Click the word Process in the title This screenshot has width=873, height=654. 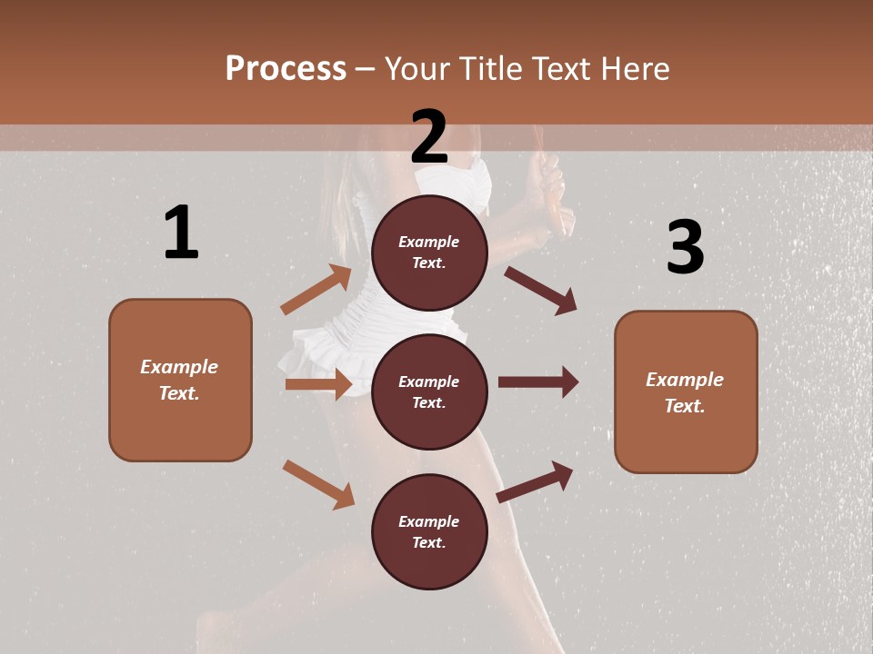point(286,69)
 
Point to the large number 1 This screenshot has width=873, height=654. point(181,233)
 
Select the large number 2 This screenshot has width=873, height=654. point(429,136)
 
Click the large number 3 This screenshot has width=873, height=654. point(685,247)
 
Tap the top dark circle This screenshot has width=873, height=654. point(429,253)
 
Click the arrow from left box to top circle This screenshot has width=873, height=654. point(316,290)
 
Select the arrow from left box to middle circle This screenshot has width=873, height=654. point(318,384)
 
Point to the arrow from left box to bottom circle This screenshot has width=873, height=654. point(318,484)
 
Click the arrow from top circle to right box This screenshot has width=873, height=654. point(541,290)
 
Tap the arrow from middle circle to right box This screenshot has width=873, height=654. point(538,381)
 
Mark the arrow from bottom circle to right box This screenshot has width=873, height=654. point(536,481)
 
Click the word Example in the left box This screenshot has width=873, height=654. point(179,367)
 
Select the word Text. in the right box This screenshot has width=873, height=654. point(685,406)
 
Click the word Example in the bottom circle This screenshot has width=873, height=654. point(429,521)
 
